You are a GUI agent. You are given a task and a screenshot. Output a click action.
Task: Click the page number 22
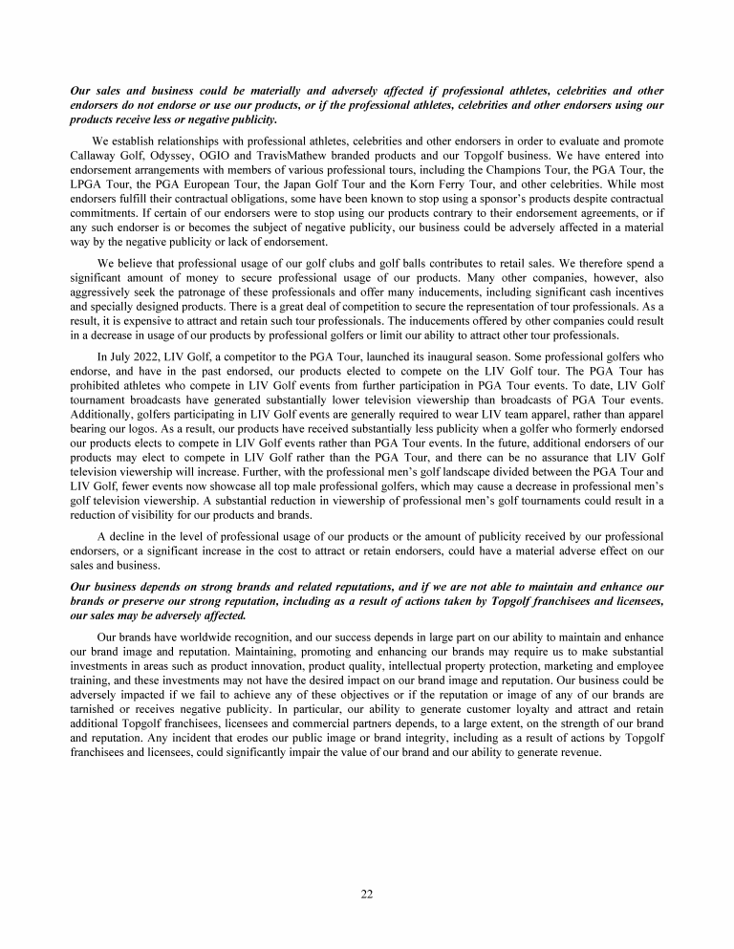[366, 894]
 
